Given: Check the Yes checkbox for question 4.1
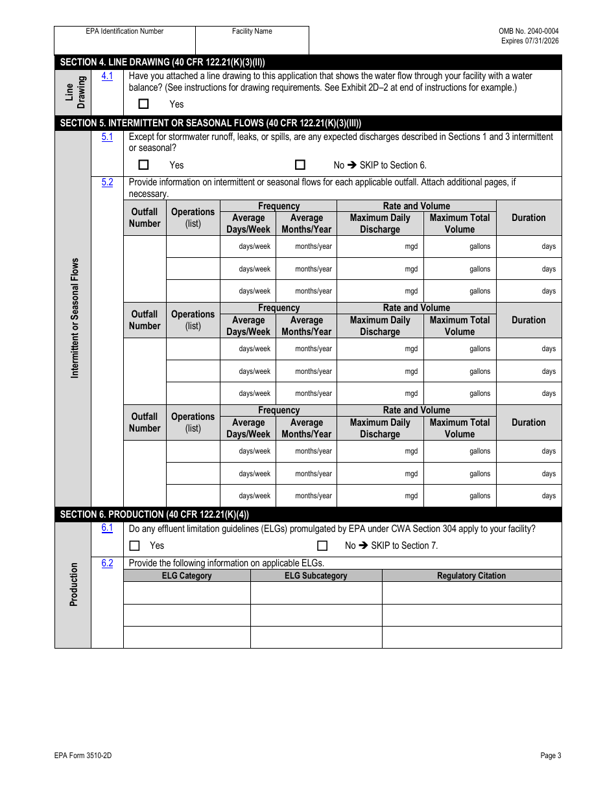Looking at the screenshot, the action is click(x=143, y=104).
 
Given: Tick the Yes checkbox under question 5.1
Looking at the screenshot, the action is click(x=143, y=165).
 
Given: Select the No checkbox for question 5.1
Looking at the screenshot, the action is click(x=300, y=165).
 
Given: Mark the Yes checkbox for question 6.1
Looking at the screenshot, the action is click(x=134, y=546).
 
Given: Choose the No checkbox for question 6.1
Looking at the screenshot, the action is click(x=322, y=546).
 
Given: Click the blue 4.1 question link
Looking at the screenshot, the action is click(x=107, y=76).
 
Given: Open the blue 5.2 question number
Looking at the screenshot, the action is click(x=107, y=182).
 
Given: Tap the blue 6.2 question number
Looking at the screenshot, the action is click(x=107, y=563).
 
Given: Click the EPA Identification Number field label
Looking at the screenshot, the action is click(x=124, y=31).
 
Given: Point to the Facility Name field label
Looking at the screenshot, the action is click(x=252, y=31).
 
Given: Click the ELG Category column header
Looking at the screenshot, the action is click(x=187, y=575).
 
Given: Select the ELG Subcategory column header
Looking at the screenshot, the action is click(x=316, y=575).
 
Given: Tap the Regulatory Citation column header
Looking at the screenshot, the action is click(x=471, y=575).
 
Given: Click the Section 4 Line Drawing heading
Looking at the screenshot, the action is click(x=162, y=62).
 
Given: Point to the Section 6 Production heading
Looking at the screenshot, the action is click(x=154, y=514).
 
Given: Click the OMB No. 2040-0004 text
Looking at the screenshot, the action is click(x=528, y=31).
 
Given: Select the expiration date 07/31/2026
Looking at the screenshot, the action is click(x=544, y=41).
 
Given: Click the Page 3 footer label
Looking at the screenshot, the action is click(x=551, y=755).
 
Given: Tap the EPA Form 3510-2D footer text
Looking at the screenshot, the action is click(x=78, y=755).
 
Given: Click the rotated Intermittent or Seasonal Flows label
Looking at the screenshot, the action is click(x=75, y=318).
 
